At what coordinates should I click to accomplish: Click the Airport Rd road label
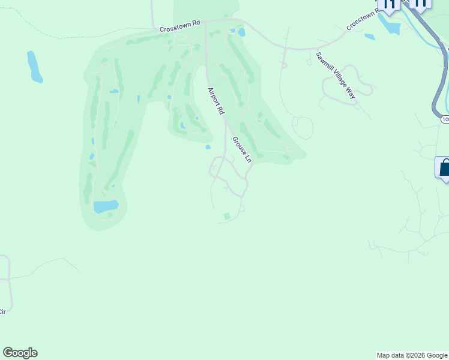pyautogui.click(x=215, y=101)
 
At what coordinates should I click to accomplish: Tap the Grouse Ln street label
pyautogui.click(x=241, y=149)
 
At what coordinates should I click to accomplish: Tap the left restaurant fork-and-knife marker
pyautogui.click(x=389, y=5)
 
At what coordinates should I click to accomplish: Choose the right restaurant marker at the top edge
pyautogui.click(x=420, y=4)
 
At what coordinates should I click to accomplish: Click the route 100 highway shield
pyautogui.click(x=445, y=119)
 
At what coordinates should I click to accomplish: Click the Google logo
pyautogui.click(x=20, y=353)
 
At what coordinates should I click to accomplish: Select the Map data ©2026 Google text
pyautogui.click(x=412, y=355)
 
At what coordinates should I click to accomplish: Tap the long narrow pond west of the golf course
pyautogui.click(x=35, y=67)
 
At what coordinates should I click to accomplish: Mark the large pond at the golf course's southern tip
pyautogui.click(x=106, y=206)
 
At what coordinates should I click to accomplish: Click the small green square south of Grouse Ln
pyautogui.click(x=226, y=216)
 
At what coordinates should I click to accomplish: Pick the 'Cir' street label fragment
pyautogui.click(x=2, y=311)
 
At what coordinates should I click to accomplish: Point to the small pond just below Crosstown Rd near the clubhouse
pyautogui.click(x=241, y=32)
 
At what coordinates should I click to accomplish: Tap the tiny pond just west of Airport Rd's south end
pyautogui.click(x=208, y=147)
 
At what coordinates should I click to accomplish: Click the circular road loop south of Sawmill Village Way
pyautogui.click(x=303, y=128)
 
